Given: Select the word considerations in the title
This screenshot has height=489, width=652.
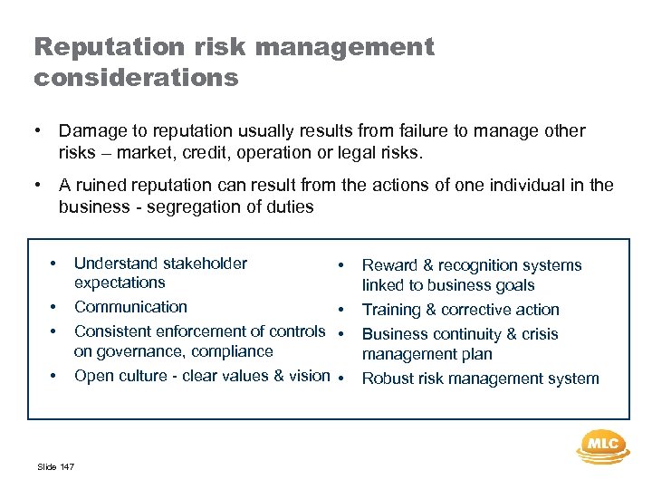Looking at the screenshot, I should pyautogui.click(x=136, y=77).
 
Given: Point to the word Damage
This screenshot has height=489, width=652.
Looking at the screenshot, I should pyautogui.click(x=91, y=131).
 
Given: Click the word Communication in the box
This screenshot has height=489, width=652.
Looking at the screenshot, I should pyautogui.click(x=130, y=307).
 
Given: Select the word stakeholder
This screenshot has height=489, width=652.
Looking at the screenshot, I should pyautogui.click(x=205, y=264).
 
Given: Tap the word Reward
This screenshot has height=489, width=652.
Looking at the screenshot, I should pyautogui.click(x=389, y=265).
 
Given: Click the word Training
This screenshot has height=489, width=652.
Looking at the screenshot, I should pyautogui.click(x=392, y=311).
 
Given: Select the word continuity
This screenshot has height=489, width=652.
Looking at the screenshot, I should pyautogui.click(x=464, y=334).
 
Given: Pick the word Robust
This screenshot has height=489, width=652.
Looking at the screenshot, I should pyautogui.click(x=388, y=379).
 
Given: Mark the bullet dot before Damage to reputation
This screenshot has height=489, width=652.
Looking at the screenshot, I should pyautogui.click(x=38, y=132).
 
